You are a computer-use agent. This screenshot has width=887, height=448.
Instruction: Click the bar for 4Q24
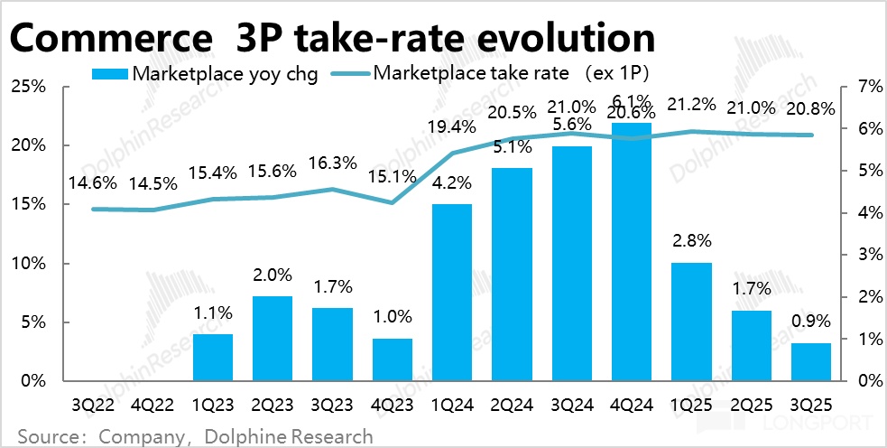pyautogui.click(x=632, y=253)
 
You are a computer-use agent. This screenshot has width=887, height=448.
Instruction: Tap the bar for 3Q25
pyautogui.click(x=812, y=362)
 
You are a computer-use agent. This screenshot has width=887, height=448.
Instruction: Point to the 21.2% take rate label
pyautogui.click(x=693, y=105)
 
